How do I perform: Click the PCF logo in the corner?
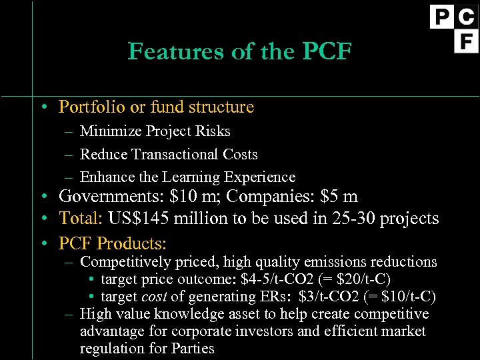(x=453, y=29)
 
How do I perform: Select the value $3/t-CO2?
(x=327, y=296)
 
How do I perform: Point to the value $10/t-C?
(x=409, y=296)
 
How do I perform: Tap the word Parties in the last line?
(x=192, y=348)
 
